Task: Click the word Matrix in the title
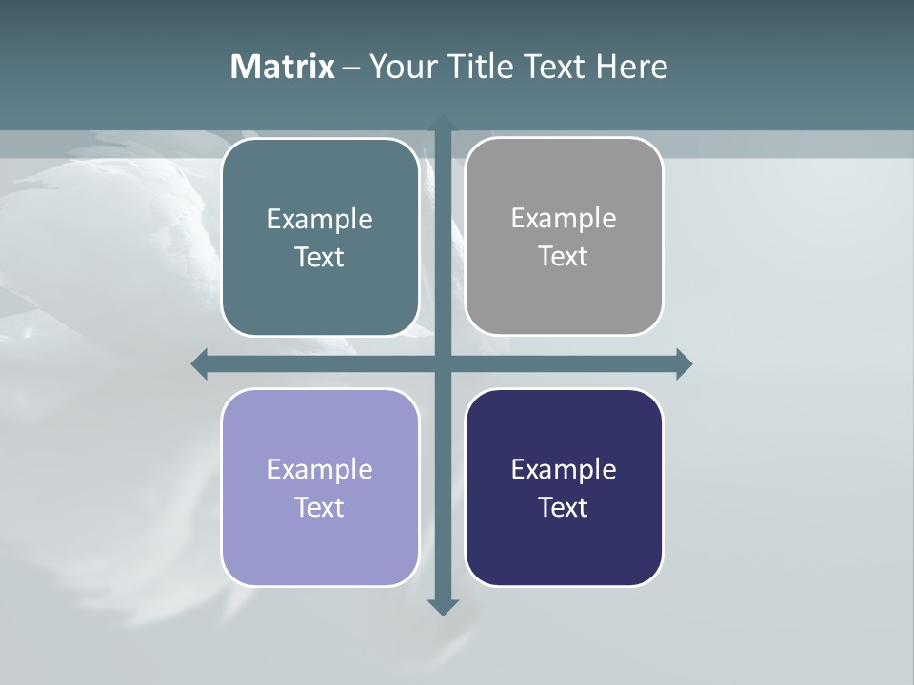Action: click(x=282, y=67)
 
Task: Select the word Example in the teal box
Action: click(x=320, y=220)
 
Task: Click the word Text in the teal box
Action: click(x=320, y=258)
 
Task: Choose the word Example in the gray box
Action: click(x=564, y=219)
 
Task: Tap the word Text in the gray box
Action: click(x=564, y=257)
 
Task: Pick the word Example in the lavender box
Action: click(x=320, y=470)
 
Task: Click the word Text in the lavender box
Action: click(x=320, y=508)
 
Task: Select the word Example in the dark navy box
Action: click(x=564, y=470)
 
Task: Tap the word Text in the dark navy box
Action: click(x=564, y=508)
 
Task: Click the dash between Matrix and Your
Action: click(x=351, y=68)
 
